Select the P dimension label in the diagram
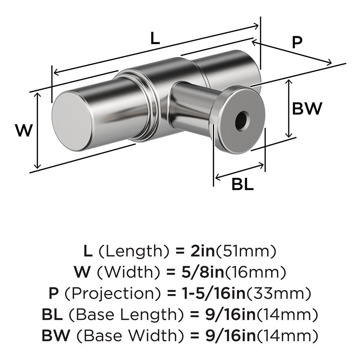(297, 43)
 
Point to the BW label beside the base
(307, 109)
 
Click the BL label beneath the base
(243, 184)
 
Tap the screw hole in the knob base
(242, 121)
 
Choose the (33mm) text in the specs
(280, 293)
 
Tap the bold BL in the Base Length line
(52, 314)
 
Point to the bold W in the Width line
(82, 272)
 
